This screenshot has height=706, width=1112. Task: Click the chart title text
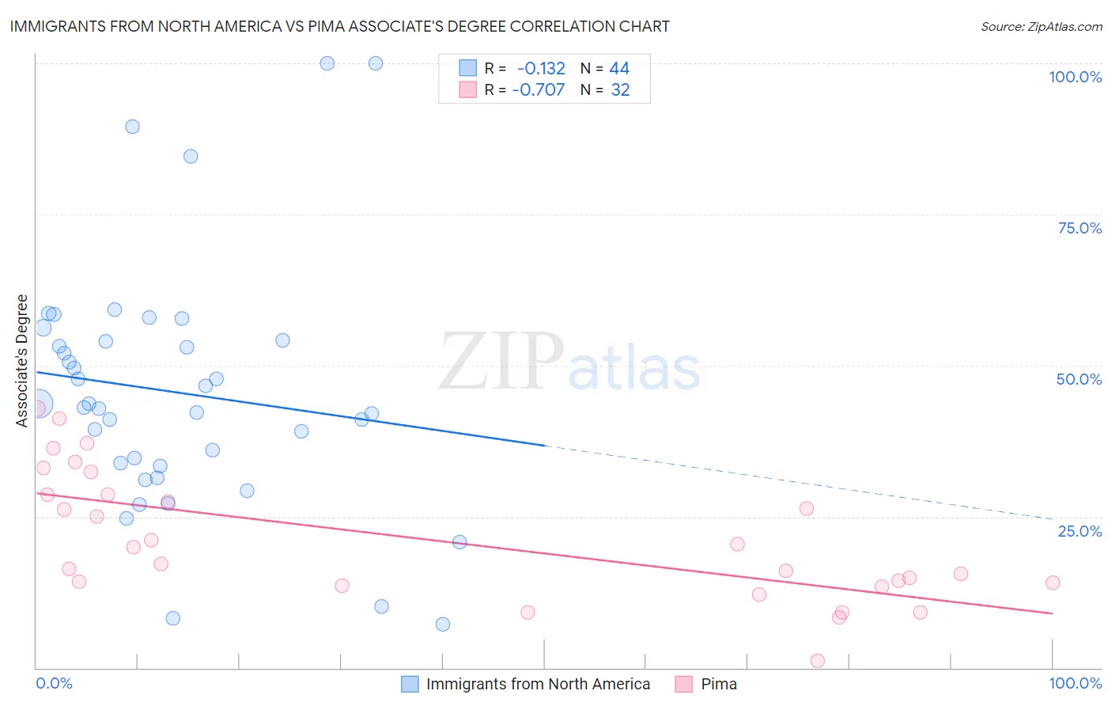pos(339,26)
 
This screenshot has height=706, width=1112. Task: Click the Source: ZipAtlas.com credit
pos(1041,26)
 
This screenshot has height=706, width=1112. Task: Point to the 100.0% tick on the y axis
pos(1075,77)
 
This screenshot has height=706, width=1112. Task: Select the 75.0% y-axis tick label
pos(1080,228)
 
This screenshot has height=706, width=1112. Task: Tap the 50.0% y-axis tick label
pos(1079,379)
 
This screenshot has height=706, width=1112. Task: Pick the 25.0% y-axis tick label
pos(1080,531)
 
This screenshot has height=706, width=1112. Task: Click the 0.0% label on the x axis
pos(54,683)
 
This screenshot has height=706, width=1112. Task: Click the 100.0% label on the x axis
pos(1075,683)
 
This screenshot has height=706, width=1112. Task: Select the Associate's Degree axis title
pos(22,361)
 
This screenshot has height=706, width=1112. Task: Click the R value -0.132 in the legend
pos(541,68)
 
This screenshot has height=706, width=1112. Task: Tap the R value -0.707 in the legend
pos(539,89)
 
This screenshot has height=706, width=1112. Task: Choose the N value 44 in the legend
pos(619,68)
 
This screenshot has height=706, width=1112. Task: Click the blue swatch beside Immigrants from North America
pos(410,684)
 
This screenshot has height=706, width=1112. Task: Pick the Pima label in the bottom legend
pos(719,684)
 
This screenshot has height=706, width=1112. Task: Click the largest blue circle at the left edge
pos(37,404)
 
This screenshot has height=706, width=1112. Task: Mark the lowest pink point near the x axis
pos(818,661)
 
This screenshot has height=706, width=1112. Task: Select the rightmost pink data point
pos(1052,583)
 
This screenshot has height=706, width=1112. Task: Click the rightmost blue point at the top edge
pos(376,63)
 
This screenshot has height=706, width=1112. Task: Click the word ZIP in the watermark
pos(501,362)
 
